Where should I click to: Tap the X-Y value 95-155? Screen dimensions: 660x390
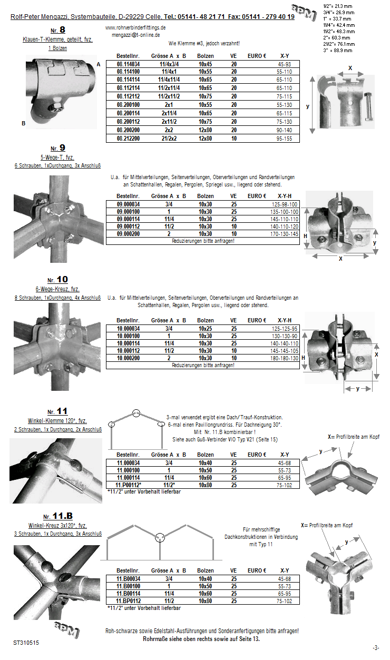[284, 139]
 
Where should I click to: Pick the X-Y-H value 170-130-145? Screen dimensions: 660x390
[285, 233]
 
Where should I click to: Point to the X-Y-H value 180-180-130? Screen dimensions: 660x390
[285, 358]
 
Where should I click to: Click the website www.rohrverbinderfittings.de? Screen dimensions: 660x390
[136, 27]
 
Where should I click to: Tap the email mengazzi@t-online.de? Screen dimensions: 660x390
[135, 35]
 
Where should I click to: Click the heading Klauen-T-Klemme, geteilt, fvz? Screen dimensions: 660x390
[58, 40]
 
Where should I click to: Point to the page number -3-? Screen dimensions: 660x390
[375, 647]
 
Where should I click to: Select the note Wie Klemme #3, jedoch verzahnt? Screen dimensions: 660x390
[204, 43]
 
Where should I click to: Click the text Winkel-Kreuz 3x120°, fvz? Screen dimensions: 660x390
[57, 526]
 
